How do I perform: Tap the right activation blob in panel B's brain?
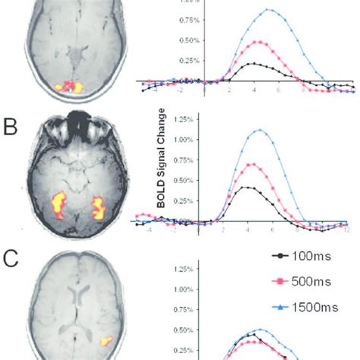point(98,207)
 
